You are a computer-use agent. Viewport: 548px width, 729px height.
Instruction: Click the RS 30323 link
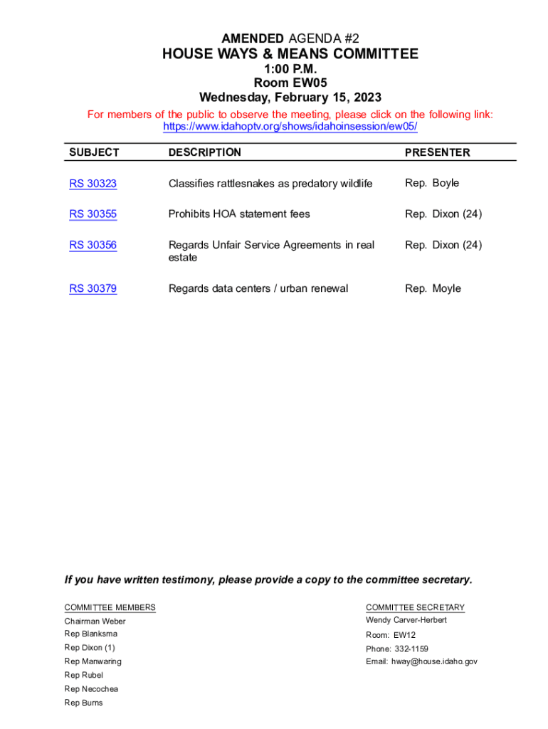pos(93,184)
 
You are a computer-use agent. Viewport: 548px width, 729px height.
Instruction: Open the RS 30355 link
pos(93,214)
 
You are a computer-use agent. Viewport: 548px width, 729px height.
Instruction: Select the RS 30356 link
pos(93,245)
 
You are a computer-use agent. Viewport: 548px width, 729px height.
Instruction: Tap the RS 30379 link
pos(93,288)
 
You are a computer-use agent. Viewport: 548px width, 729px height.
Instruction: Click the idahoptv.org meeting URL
pos(290,127)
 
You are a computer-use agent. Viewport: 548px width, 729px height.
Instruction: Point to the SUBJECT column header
pos(94,152)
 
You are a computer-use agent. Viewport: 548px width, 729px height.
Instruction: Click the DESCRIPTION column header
pos(204,152)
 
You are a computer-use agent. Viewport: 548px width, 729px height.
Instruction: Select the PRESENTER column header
pos(437,152)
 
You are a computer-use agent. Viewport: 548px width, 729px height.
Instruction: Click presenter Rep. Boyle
pos(432,183)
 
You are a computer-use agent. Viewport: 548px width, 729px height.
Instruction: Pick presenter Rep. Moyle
pos(433,288)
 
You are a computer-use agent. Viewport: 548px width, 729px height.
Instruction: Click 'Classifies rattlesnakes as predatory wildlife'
pos(270,184)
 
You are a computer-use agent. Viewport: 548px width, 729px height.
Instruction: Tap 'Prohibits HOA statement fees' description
pos(239,214)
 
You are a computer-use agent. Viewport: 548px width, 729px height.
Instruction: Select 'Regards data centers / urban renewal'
pos(258,288)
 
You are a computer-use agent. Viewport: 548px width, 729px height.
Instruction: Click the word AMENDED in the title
pos(251,37)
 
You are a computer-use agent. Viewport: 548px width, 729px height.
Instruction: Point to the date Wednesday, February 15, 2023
pos(290,98)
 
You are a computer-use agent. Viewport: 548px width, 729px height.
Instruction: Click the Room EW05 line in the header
pos(290,83)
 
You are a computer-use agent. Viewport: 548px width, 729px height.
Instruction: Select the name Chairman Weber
pos(95,621)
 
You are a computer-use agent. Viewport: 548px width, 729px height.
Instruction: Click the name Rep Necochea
pos(91,688)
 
